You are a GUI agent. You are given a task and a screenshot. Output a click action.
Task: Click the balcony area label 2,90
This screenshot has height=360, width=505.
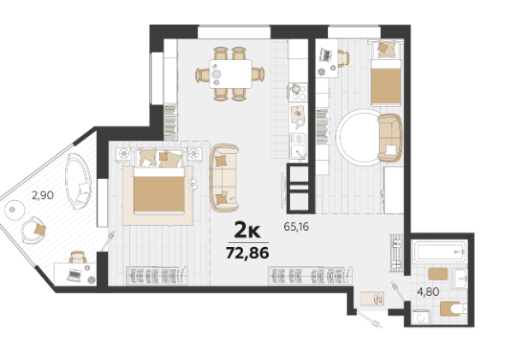pos(43,195)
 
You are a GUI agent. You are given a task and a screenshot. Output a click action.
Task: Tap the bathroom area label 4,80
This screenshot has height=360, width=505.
pos(428,292)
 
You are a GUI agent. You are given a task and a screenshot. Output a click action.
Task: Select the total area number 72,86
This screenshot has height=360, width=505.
pos(247,253)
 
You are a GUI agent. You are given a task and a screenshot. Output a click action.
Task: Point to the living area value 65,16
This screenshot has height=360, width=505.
pos(296,227)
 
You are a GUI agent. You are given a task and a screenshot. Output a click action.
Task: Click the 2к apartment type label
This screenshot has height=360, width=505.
pos(247,230)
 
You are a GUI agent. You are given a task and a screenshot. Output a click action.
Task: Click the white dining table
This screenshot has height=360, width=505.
pos(230,74)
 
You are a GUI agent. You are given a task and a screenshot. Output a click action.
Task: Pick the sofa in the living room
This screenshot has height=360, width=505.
pos(224,178)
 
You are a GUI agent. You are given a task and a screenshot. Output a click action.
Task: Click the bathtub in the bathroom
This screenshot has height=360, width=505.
pos(440,251)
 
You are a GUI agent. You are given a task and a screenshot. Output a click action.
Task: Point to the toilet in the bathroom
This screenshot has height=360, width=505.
pos(454,309)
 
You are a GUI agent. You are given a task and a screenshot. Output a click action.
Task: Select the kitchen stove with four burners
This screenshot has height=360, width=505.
pos(298,92)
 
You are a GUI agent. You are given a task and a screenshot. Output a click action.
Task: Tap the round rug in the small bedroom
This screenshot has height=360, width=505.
pos(360,138)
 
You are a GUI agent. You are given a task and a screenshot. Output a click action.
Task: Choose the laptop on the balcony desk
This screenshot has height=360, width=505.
pos(75,275)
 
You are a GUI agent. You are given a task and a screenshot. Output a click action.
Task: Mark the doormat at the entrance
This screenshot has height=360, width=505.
pos(372,298)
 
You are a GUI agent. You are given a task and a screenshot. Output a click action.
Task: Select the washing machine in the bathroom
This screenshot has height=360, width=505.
pos(421,318)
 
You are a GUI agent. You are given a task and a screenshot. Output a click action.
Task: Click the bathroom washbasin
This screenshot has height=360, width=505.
pos(460,280)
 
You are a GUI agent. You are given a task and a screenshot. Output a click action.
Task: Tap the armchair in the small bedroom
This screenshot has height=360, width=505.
pos(390,138)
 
